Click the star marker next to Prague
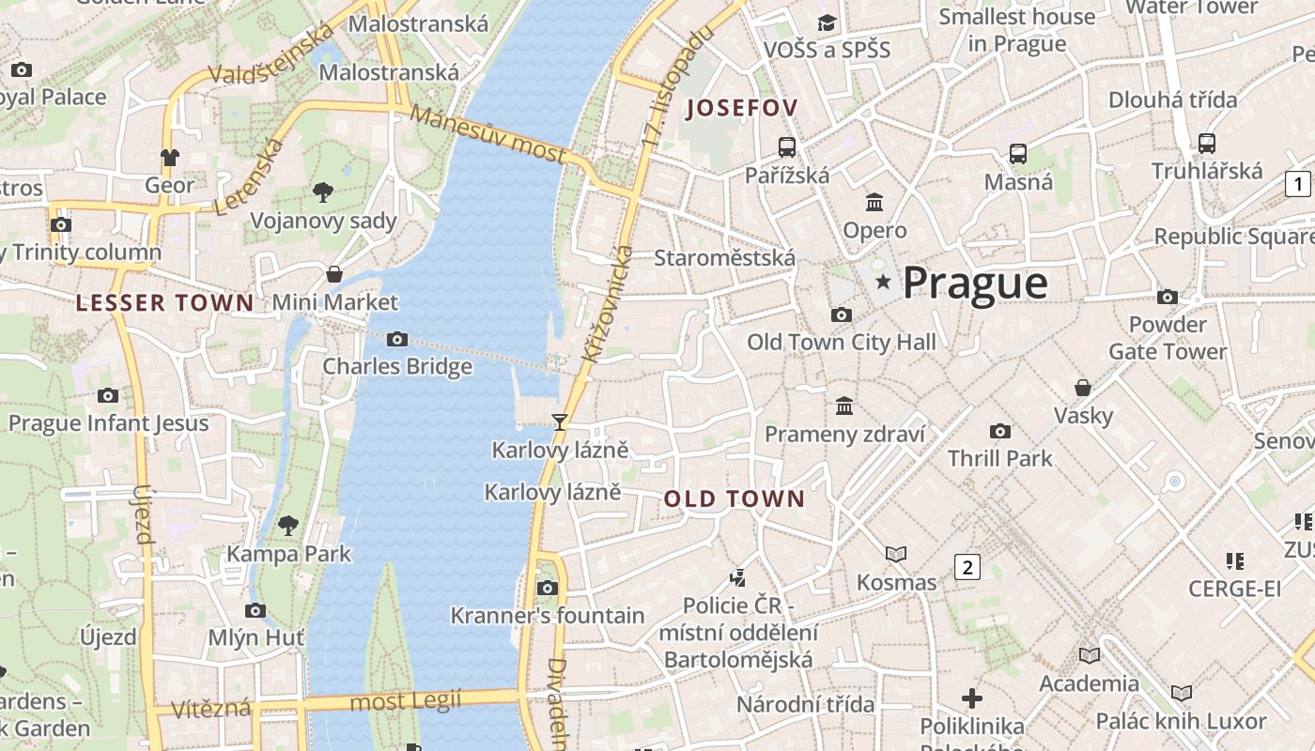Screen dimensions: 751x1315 tap(883, 282)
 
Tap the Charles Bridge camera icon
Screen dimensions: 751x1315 tap(397, 339)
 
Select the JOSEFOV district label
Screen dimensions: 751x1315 tap(742, 108)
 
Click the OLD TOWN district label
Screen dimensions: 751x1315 tap(735, 499)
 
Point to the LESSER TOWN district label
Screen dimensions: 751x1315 tap(164, 303)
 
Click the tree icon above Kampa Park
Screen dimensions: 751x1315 tap(288, 525)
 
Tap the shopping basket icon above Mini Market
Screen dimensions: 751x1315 tap(333, 274)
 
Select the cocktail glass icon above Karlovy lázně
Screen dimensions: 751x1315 tap(560, 421)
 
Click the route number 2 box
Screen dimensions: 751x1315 tap(967, 567)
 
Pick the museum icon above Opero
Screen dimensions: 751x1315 tap(874, 202)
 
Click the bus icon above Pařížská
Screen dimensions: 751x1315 tap(787, 146)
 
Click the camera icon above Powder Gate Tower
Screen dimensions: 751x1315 tap(1168, 297)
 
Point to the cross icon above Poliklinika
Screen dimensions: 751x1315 tap(972, 698)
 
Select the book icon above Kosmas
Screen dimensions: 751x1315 tap(896, 555)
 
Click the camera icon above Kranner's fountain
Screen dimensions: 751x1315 tap(547, 588)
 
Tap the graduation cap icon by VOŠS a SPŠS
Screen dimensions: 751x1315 tap(827, 23)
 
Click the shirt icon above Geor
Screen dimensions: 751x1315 tap(169, 157)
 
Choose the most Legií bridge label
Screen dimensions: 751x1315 tap(406, 700)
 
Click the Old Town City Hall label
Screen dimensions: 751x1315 tap(842, 343)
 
